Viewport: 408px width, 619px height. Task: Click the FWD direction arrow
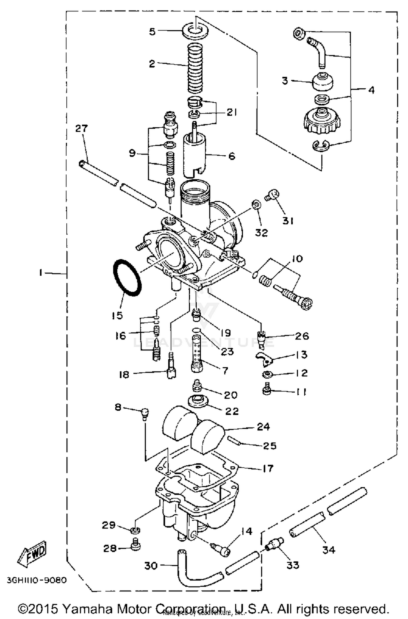32,553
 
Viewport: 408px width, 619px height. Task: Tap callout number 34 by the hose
329,550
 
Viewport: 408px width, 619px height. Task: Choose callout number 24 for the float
263,426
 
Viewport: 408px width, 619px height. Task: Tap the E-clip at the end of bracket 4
320,146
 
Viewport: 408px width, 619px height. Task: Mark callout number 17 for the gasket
268,468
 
